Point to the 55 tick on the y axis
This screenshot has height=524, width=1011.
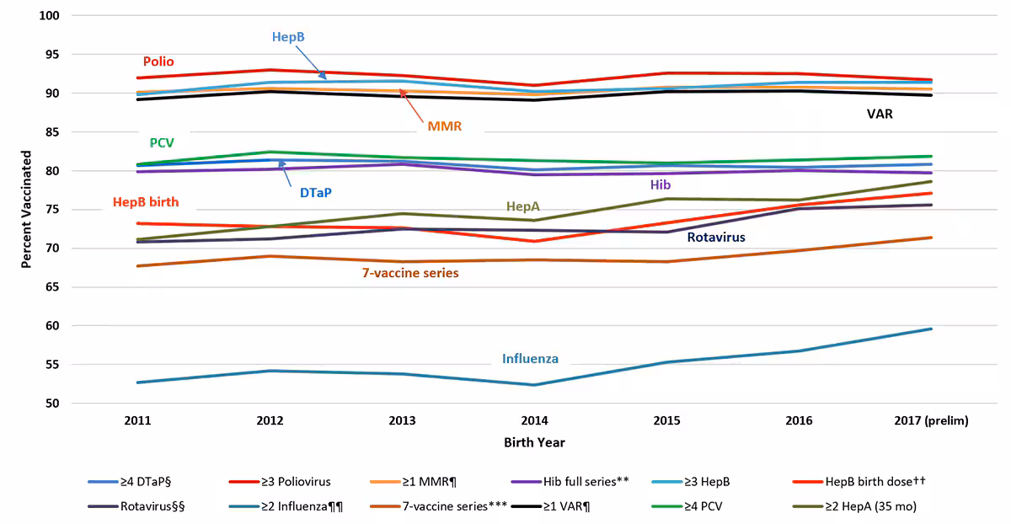tap(51, 365)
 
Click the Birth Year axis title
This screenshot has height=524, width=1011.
tap(535, 442)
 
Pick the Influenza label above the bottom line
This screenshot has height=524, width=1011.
tap(530, 358)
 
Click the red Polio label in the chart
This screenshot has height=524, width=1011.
tap(158, 61)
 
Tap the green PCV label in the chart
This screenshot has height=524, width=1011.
tap(162, 143)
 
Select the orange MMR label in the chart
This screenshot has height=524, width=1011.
tap(444, 127)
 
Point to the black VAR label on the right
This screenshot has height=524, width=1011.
tap(880, 114)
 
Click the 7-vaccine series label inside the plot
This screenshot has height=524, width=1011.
tap(410, 273)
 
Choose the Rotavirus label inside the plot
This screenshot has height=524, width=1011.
tap(715, 238)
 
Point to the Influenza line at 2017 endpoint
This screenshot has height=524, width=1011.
tap(931, 329)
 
